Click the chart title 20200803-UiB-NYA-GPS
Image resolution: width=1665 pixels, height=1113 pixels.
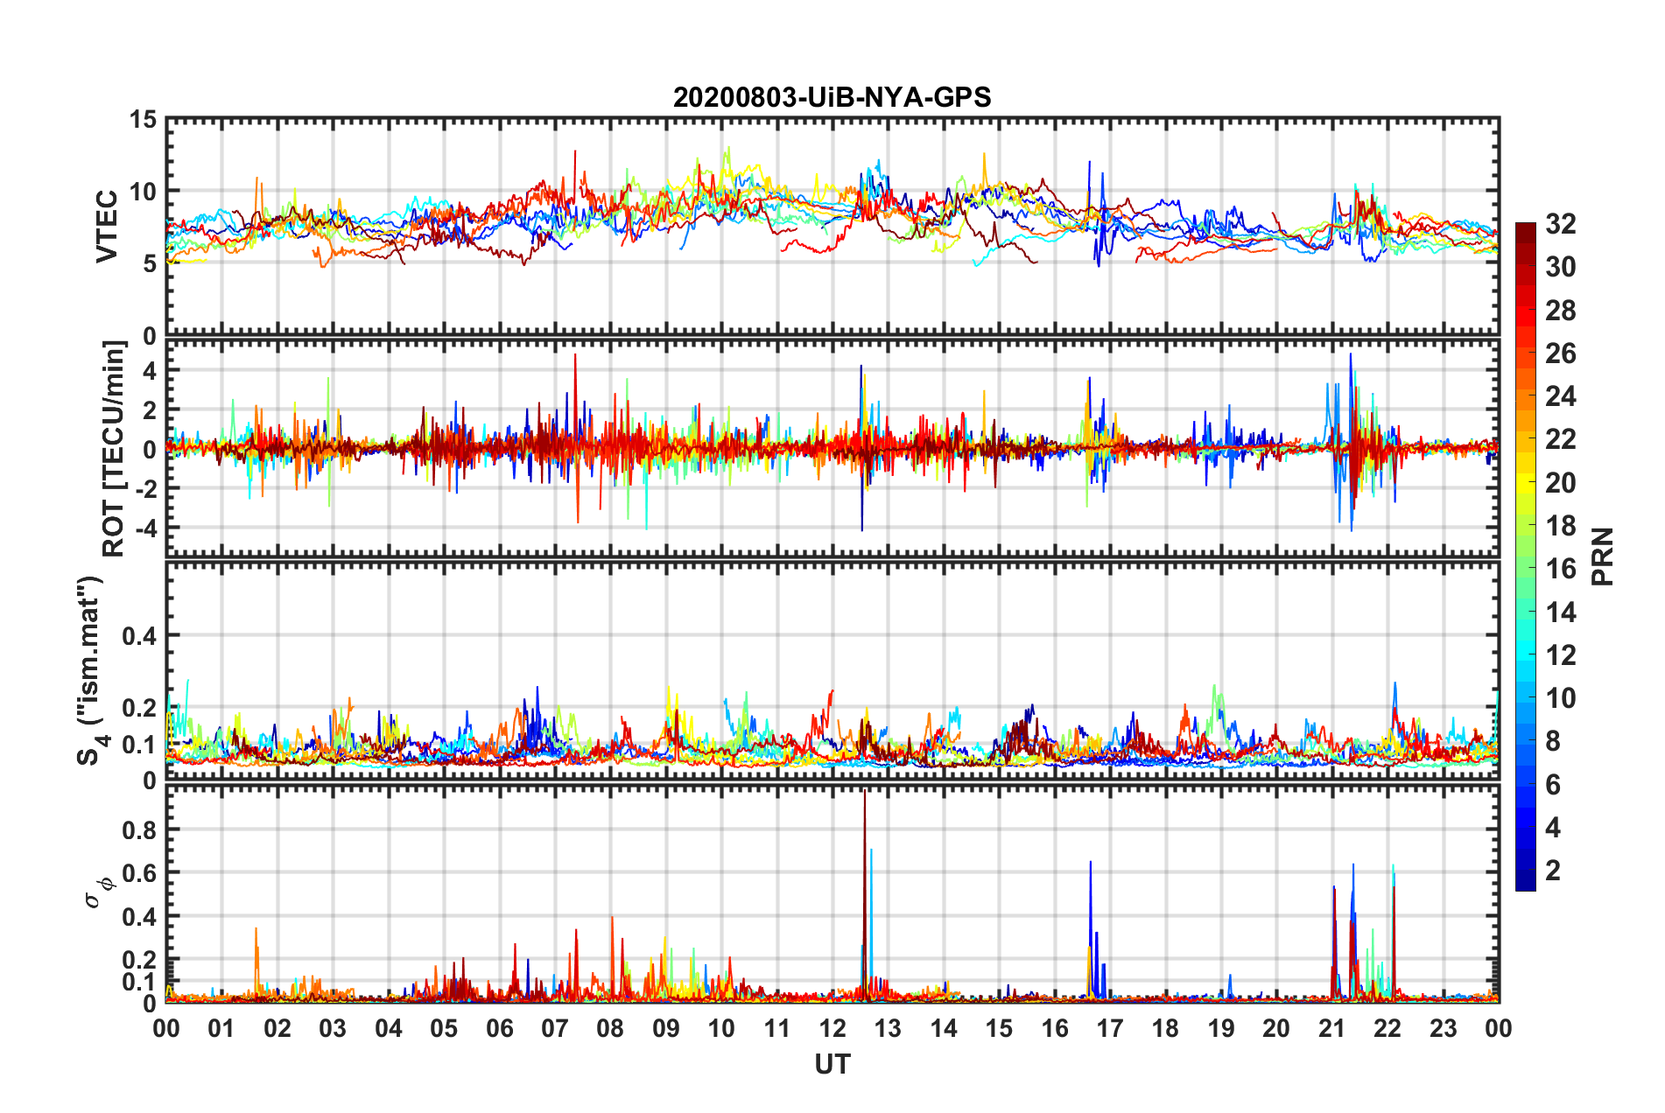click(832, 97)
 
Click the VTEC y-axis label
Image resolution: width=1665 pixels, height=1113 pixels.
click(107, 226)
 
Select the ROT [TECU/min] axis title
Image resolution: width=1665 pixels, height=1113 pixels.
click(114, 449)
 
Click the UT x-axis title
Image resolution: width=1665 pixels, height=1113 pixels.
click(832, 1064)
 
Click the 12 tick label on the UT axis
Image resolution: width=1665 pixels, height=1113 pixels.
click(832, 1028)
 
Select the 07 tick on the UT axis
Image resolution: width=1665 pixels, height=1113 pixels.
click(554, 1028)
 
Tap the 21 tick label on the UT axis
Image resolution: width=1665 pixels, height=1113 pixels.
click(1331, 1028)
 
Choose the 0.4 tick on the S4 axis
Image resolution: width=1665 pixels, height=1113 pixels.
click(139, 636)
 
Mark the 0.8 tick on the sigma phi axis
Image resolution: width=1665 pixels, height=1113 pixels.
click(139, 829)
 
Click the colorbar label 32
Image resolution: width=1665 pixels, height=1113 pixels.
click(1560, 224)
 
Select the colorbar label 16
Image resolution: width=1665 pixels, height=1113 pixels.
click(1560, 569)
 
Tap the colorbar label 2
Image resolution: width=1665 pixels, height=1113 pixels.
click(1553, 871)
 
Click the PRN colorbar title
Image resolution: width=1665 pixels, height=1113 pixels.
click(1603, 556)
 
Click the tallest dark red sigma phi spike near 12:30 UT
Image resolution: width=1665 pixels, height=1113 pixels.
click(864, 796)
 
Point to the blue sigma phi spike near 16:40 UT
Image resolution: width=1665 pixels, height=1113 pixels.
click(1090, 866)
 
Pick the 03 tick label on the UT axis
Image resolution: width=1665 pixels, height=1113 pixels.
click(333, 1028)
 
